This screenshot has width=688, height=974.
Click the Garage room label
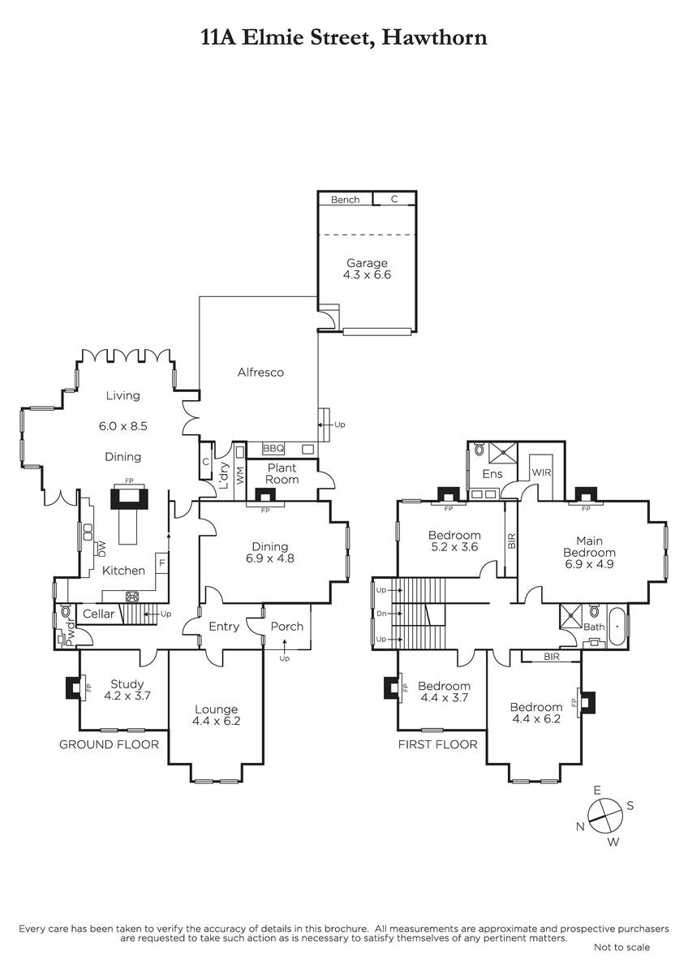(367, 269)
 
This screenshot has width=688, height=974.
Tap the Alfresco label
(260, 373)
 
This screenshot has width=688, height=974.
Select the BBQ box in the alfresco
(273, 448)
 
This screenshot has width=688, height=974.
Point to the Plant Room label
(282, 473)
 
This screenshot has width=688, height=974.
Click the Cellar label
(99, 614)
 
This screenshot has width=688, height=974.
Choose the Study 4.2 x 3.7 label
(127, 690)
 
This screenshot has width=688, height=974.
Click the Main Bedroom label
(589, 552)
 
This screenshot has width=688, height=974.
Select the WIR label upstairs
(541, 472)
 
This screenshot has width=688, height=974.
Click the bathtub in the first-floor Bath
(617, 627)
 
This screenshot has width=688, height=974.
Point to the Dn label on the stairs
(381, 614)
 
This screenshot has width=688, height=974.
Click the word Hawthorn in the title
(434, 37)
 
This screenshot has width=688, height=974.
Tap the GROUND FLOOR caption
(109, 744)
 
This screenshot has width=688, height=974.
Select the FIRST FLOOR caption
(437, 744)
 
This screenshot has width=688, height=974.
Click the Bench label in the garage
(345, 200)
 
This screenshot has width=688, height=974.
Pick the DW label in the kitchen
(102, 549)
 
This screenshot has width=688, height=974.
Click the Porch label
(287, 626)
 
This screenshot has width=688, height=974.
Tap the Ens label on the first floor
(492, 474)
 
